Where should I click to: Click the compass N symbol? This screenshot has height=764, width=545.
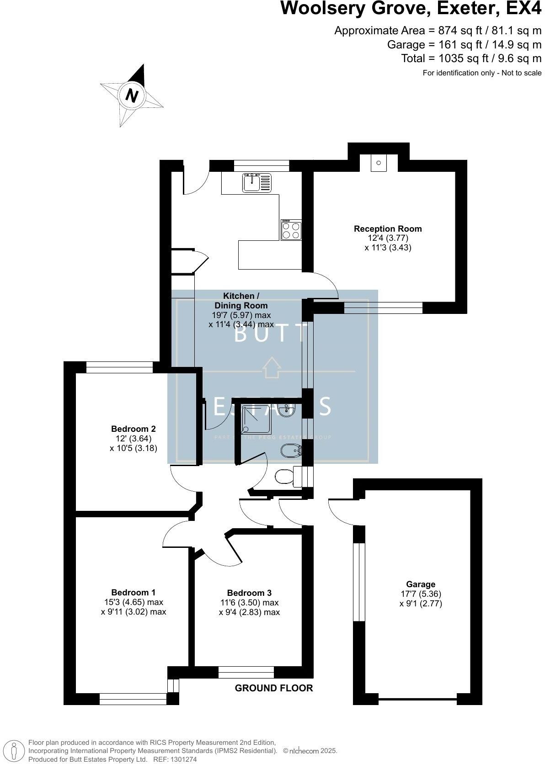(132, 96)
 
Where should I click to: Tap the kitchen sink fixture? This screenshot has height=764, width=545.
(257, 183)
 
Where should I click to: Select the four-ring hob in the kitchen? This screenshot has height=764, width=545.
(291, 230)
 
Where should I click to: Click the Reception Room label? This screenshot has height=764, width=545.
(388, 228)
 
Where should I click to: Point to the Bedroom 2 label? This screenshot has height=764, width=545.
(133, 429)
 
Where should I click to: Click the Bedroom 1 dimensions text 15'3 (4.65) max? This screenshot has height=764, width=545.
(134, 602)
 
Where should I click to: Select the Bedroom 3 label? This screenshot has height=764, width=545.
(249, 593)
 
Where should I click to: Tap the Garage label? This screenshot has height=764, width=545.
(421, 584)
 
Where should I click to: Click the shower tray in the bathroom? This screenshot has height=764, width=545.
(256, 419)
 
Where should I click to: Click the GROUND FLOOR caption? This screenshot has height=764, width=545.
(274, 688)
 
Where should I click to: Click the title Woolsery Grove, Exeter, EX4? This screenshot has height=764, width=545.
(411, 9)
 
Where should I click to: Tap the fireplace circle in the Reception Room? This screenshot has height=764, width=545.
(379, 163)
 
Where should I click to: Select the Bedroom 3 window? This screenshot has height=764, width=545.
(246, 672)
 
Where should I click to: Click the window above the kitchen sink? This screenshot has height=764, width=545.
(262, 165)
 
